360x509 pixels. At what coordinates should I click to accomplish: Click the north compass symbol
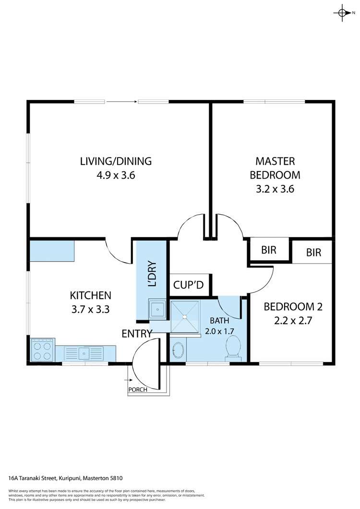(x=342, y=13)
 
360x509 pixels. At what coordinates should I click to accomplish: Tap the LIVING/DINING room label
(x=116, y=161)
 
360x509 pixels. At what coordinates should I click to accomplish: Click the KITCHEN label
(x=91, y=295)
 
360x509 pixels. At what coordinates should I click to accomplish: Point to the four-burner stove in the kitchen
(x=42, y=350)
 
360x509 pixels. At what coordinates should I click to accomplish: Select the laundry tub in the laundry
(x=157, y=309)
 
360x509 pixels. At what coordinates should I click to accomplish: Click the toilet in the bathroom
(x=233, y=346)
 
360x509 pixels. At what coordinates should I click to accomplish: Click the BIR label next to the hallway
(x=268, y=250)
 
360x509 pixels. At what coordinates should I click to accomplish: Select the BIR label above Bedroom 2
(x=313, y=253)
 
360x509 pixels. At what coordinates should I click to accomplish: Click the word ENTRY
(x=137, y=334)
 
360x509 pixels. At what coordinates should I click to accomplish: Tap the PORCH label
(x=137, y=389)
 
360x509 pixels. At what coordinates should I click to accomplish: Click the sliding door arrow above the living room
(x=121, y=101)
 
